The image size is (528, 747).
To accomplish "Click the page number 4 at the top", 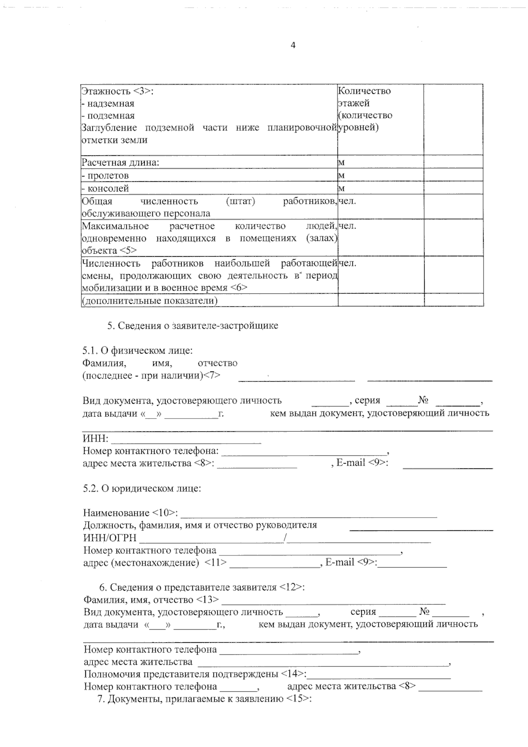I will click(x=293, y=45).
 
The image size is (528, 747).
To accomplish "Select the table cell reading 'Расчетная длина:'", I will click(x=121, y=162).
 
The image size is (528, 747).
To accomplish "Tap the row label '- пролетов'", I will click(x=106, y=175).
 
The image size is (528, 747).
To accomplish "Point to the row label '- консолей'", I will click(x=106, y=188).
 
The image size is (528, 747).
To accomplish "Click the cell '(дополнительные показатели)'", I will click(x=150, y=301).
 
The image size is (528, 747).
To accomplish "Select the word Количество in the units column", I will click(x=364, y=91).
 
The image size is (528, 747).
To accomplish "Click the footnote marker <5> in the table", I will click(x=128, y=250).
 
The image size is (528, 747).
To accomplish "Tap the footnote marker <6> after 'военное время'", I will click(x=238, y=287).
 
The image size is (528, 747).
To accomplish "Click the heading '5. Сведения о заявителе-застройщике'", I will click(x=193, y=326).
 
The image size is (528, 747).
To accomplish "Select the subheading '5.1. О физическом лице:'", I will click(x=137, y=350).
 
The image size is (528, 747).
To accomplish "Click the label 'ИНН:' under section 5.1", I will click(x=95, y=438).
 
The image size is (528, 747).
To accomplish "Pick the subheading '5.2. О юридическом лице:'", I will click(x=142, y=489).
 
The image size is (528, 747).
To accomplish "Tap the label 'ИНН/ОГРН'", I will click(x=110, y=538).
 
